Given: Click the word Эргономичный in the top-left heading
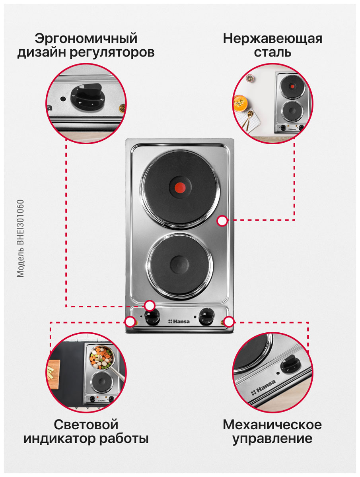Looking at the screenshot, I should coord(86,39).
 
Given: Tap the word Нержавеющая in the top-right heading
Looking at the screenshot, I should coord(272,39).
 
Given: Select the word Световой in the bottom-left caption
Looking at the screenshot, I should coord(86,424).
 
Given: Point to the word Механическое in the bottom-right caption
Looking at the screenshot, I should coord(272,424).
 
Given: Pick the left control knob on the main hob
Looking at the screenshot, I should coord(151,317).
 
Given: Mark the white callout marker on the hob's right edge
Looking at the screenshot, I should coord(222,221).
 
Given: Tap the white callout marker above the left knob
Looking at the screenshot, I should coord(150,306).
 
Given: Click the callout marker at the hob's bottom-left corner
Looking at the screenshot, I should coord(130,322).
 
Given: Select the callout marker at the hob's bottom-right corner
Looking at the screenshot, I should coord(228,321).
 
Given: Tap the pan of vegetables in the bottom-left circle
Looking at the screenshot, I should coord(101,356).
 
